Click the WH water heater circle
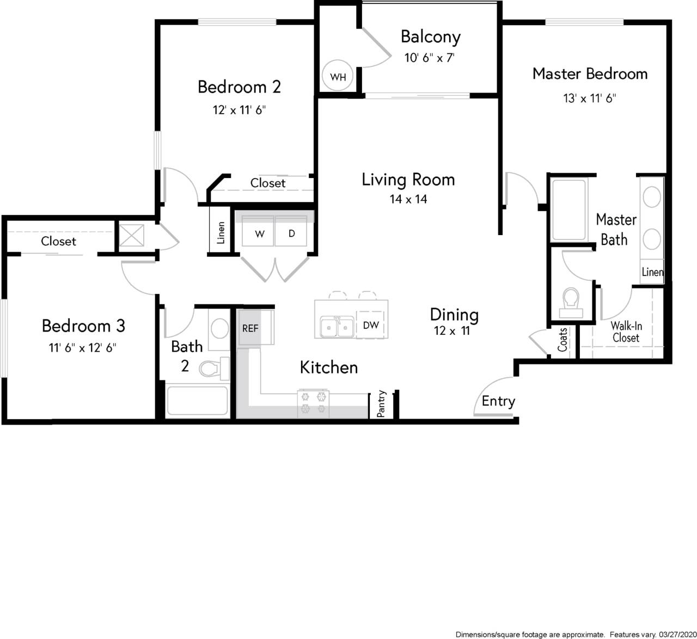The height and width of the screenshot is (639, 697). click(338, 77)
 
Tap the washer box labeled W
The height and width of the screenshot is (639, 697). click(260, 234)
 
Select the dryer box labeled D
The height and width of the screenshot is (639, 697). click(292, 234)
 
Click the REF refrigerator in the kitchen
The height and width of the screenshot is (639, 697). click(250, 328)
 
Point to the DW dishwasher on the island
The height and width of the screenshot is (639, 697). click(371, 325)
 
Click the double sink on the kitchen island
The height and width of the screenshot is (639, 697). click(337, 327)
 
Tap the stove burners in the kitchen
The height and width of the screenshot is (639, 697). click(313, 403)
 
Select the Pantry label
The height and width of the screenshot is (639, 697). click(381, 404)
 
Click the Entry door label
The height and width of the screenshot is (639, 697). click(498, 401)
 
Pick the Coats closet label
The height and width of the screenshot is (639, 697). click(563, 339)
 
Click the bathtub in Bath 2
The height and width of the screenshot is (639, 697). click(197, 401)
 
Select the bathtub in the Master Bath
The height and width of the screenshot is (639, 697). click(568, 209)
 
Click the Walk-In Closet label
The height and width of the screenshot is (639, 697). click(626, 331)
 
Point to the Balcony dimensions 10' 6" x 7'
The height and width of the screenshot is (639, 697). click(430, 58)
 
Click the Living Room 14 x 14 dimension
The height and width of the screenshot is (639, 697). click(408, 199)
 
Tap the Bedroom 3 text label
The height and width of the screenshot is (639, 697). click(83, 325)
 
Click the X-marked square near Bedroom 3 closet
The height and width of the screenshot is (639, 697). click(132, 236)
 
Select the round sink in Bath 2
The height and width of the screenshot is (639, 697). click(220, 329)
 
